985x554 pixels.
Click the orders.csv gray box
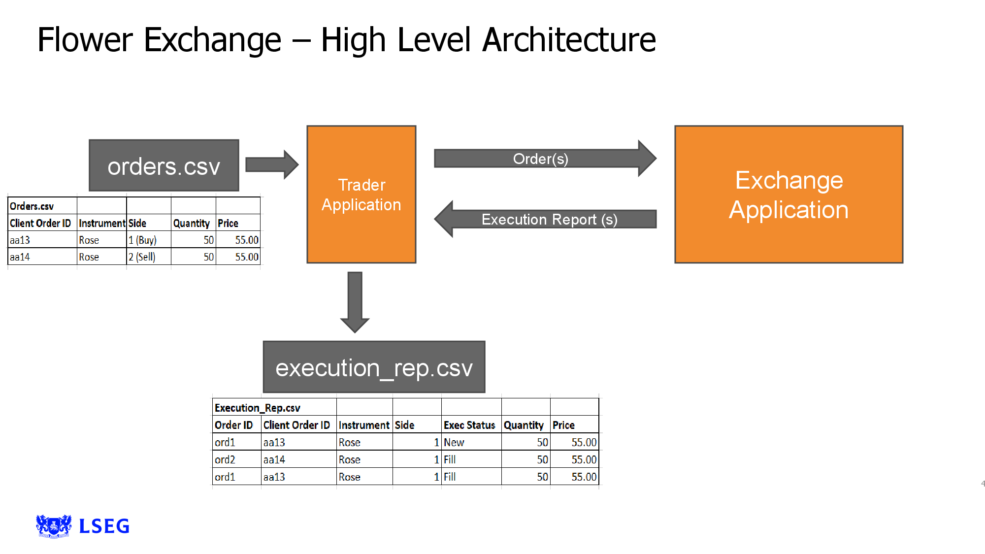(164, 166)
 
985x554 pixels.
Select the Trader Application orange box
(361, 195)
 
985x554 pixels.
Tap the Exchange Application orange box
(788, 195)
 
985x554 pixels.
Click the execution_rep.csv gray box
(374, 367)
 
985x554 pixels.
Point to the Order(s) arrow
(541, 159)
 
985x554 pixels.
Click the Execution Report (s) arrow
(549, 219)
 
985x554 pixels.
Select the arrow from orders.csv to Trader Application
(271, 164)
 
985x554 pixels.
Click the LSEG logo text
(104, 526)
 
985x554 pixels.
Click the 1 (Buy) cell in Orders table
(143, 240)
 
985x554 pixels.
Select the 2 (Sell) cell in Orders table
(142, 257)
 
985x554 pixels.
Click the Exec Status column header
(469, 425)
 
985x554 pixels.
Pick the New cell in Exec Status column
(454, 442)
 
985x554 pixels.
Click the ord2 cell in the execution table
(225, 459)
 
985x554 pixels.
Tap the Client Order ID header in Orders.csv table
(40, 223)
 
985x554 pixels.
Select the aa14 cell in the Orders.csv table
(20, 257)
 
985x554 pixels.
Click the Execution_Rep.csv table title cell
(258, 408)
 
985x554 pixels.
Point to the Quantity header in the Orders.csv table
(192, 223)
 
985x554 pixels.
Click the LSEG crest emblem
(54, 526)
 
